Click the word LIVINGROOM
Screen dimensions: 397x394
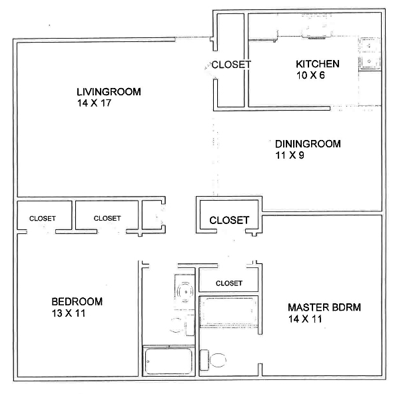(109, 92)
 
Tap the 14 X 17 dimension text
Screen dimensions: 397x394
(94, 103)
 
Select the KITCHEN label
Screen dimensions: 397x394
(318, 64)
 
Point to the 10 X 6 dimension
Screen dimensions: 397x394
(310, 75)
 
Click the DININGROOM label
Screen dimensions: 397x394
(308, 144)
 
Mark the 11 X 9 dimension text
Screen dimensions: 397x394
(290, 155)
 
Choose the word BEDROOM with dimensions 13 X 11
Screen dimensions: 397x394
(77, 302)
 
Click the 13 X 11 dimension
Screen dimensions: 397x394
(69, 313)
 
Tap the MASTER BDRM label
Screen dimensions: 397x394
(324, 307)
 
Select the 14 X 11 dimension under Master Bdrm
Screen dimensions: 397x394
(305, 319)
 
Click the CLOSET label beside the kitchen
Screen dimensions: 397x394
(231, 65)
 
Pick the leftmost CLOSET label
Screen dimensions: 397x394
(43, 219)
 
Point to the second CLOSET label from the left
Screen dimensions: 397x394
(107, 218)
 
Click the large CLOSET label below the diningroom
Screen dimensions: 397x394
(229, 220)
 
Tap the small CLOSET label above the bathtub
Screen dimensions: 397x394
(229, 283)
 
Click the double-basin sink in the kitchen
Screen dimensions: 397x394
(370, 54)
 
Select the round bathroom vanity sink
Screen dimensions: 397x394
(186, 292)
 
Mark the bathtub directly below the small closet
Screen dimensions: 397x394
(228, 311)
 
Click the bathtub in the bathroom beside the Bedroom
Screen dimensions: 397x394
(169, 361)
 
